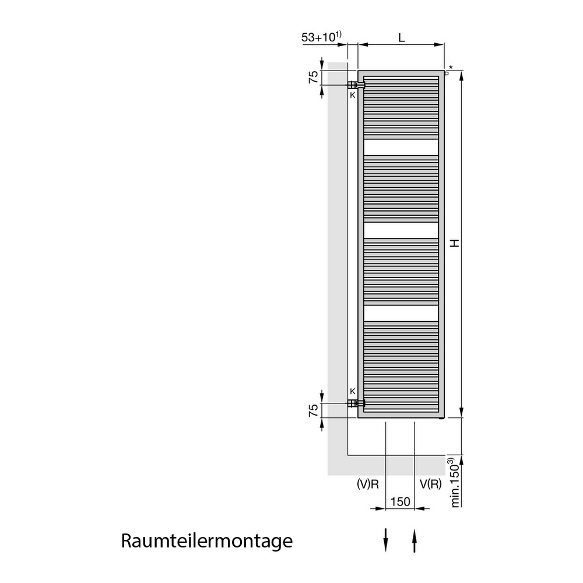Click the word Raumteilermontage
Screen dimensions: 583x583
click(x=207, y=542)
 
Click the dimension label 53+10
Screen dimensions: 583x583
click(x=318, y=37)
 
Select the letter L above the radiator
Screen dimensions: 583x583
click(x=402, y=37)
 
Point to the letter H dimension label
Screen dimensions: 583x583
click(x=455, y=243)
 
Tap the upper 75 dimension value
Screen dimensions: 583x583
click(x=314, y=77)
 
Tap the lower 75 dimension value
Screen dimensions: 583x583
click(x=314, y=410)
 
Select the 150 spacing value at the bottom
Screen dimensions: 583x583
click(x=400, y=501)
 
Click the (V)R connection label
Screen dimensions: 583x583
click(x=367, y=484)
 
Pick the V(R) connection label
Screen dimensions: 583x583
click(x=431, y=484)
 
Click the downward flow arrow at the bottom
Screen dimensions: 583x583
click(x=385, y=540)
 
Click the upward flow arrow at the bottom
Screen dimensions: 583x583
click(x=415, y=540)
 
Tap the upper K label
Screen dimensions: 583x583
click(x=353, y=95)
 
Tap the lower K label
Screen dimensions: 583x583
click(x=353, y=391)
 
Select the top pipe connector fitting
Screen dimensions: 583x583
click(x=356, y=85)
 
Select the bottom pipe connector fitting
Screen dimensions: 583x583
click(x=356, y=403)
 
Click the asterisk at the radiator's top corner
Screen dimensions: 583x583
click(x=451, y=68)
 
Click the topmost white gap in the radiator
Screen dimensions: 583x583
click(x=401, y=147)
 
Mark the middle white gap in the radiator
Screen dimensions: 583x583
click(x=401, y=230)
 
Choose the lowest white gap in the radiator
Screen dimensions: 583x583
click(x=401, y=314)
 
